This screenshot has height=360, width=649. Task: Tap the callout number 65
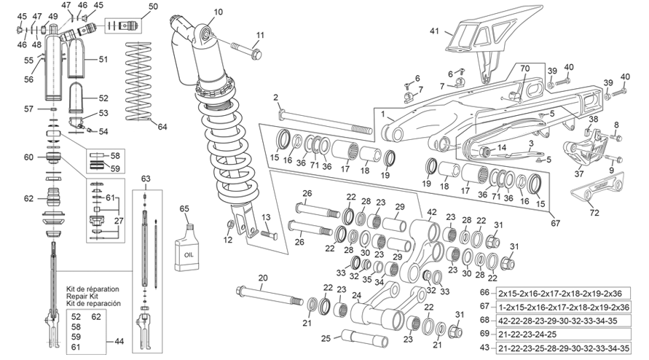184,209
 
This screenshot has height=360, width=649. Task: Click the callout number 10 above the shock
218,12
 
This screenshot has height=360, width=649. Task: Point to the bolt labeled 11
247,50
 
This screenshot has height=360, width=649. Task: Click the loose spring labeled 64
138,81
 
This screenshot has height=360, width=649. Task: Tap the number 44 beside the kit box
119,341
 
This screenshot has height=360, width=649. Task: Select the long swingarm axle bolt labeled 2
326,121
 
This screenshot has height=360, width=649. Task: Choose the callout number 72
594,213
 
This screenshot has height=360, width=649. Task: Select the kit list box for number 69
563,334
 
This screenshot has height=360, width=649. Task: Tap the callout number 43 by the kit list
484,348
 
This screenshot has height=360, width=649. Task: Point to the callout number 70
525,69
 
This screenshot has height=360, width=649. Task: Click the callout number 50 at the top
153,7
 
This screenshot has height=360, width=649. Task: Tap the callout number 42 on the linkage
432,212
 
